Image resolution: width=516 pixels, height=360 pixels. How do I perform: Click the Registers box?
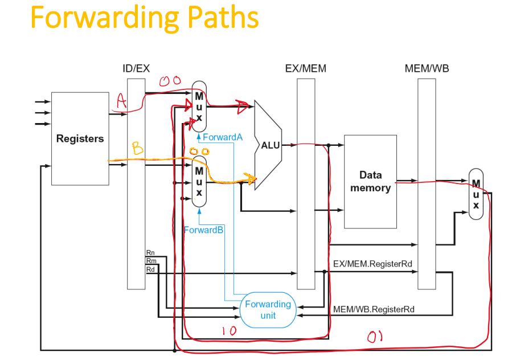click(80, 138)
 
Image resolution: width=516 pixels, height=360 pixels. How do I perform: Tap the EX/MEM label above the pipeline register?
click(306, 69)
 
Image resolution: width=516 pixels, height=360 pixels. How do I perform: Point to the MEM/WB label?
click(427, 69)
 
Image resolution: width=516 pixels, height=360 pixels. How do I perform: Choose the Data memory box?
click(370, 181)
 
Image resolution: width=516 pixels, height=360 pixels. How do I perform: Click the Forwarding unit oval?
click(268, 309)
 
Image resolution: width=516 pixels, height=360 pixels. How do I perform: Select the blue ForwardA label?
click(223, 137)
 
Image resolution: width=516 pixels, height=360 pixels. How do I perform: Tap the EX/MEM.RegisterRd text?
click(372, 264)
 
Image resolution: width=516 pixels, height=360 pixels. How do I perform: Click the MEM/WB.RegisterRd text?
click(373, 309)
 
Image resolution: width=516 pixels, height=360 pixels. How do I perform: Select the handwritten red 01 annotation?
click(374, 337)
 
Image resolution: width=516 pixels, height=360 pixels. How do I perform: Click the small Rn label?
click(150, 252)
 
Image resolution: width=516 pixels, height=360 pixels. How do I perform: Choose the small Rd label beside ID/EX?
click(150, 268)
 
